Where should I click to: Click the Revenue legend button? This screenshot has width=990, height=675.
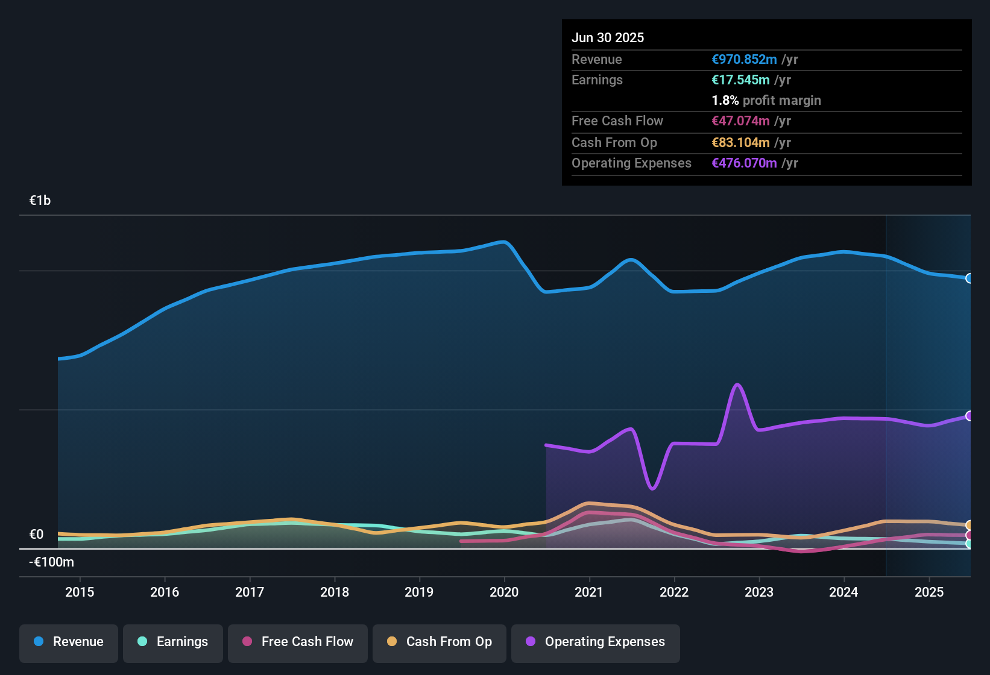coord(69,642)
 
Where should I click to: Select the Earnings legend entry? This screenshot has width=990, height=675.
coord(173,642)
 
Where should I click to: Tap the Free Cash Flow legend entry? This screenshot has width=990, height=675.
coord(298,642)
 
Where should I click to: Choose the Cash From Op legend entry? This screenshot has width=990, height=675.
coord(440,642)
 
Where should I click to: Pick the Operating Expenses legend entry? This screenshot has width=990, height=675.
coord(596,642)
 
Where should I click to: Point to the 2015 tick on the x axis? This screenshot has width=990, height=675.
coord(80,592)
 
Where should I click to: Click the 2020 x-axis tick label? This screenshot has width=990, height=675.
coord(504,592)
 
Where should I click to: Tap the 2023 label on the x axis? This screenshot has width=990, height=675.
coord(758,592)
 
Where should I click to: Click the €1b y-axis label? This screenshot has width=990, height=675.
coord(40,201)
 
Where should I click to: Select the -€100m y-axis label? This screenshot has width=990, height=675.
coord(51,562)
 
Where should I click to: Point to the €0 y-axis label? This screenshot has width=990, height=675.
coord(36,535)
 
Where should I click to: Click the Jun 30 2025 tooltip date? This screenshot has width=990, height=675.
coord(608,37)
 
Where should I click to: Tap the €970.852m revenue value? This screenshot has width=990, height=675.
coord(744,59)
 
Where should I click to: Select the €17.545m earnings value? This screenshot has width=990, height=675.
coord(740,80)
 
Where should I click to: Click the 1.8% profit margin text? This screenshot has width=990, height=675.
coord(766,100)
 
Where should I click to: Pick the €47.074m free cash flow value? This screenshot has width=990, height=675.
coord(740,121)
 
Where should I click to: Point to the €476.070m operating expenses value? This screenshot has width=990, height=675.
coord(744,163)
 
